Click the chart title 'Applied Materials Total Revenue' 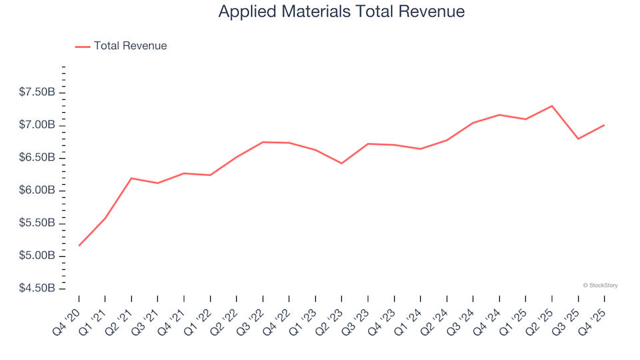coord(341,12)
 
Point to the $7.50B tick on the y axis coord(37,92)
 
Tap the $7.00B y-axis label coord(37,125)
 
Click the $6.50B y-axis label coord(37,158)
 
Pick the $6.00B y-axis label coord(37,191)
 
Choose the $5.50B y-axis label coord(37,223)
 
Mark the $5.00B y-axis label coord(37,256)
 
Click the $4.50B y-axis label coord(37,289)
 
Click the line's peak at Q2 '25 coord(552,106)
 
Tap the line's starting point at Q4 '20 coord(79,245)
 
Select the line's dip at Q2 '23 coord(341,163)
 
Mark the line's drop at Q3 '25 coord(578,139)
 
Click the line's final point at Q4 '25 coord(604,125)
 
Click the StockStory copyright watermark coord(600,285)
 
